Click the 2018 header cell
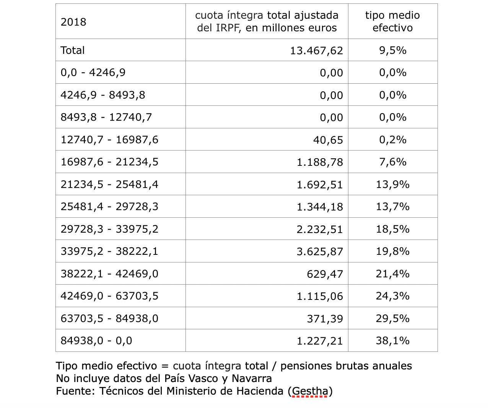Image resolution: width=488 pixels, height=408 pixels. (x=73, y=22)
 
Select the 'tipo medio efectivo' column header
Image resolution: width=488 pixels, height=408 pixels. (x=392, y=21)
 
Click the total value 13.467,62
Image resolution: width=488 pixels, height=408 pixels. (x=316, y=50)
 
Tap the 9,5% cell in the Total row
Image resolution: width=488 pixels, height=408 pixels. (x=392, y=50)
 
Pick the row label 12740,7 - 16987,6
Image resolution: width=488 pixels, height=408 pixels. (x=109, y=140)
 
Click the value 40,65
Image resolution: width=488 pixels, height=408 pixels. (x=328, y=140)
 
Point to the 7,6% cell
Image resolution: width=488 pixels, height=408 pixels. (x=392, y=162)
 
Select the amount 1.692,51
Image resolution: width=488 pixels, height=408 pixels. (x=320, y=185)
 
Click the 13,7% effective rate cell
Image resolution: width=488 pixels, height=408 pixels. (x=392, y=207)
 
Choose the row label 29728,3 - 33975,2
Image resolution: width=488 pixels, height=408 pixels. (x=109, y=229)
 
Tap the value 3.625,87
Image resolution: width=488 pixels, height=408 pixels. (x=320, y=251)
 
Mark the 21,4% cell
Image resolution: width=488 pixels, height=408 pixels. (x=392, y=274)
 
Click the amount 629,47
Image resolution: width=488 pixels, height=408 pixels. (x=325, y=274)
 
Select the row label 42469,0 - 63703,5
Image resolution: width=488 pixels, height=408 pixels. (x=109, y=296)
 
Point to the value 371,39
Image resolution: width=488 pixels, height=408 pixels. (x=325, y=319)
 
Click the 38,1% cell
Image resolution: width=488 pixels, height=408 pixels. (x=392, y=341)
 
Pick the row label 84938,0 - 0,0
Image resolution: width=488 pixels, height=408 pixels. (x=96, y=341)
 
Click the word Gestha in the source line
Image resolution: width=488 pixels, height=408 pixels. (x=310, y=391)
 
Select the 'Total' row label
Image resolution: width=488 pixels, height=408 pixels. (x=73, y=50)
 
